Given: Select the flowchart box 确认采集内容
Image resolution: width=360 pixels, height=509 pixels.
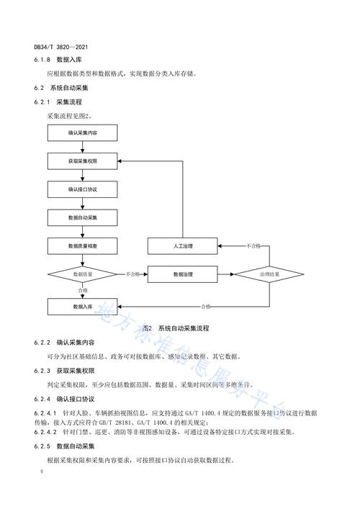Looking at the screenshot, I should tap(83, 133).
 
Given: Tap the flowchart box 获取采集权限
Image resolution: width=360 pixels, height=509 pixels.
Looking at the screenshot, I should tap(83, 161).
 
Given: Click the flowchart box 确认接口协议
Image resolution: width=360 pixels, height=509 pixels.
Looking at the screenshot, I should tap(83, 189).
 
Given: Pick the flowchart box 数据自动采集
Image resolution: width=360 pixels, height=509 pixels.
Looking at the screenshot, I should tap(83, 217).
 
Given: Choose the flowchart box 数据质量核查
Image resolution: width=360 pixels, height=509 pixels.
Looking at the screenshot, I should tap(83, 246).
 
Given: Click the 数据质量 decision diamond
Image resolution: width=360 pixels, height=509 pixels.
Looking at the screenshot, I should tap(83, 274).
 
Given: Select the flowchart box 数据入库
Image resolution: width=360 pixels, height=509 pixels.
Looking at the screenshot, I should tap(83, 307).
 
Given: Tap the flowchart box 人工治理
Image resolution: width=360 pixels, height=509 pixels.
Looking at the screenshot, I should tap(184, 246).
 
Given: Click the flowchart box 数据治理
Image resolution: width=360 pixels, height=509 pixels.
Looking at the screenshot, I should tap(184, 274).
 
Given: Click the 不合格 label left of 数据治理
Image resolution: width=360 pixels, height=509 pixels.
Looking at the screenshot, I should tap(133, 274).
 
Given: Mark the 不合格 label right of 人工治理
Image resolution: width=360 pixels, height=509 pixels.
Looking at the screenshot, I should tap(253, 246).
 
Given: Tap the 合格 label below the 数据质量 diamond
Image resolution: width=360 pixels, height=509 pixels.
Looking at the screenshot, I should tap(83, 291).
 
